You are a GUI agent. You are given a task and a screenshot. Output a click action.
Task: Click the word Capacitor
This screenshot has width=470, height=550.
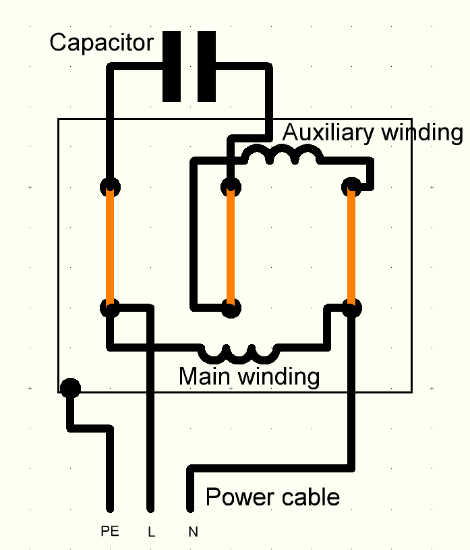pyautogui.click(x=101, y=43)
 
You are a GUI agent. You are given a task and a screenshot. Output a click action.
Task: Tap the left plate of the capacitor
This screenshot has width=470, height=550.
pyautogui.click(x=172, y=66)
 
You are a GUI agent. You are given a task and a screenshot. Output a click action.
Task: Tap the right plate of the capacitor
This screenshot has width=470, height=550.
pyautogui.click(x=206, y=66)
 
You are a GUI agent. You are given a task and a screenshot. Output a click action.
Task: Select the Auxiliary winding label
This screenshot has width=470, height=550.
pyautogui.click(x=372, y=132)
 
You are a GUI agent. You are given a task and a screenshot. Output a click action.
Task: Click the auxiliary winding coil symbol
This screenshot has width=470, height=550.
pyautogui.click(x=282, y=157)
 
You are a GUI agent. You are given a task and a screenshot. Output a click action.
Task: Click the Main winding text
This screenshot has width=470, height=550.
pyautogui.click(x=249, y=376)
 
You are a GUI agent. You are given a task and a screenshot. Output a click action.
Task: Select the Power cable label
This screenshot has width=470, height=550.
pyautogui.click(x=272, y=497)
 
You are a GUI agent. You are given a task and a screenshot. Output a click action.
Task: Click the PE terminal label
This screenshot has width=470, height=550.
pyautogui.click(x=109, y=532)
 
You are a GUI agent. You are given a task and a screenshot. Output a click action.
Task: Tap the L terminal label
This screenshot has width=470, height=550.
pyautogui.click(x=151, y=532)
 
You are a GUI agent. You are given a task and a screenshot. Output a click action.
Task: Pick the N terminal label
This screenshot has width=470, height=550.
pyautogui.click(x=193, y=532)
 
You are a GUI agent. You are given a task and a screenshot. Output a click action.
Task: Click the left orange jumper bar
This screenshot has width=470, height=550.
pyautogui.click(x=110, y=247)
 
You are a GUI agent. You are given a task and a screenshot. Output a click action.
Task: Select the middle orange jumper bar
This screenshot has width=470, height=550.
pyautogui.click(x=231, y=247)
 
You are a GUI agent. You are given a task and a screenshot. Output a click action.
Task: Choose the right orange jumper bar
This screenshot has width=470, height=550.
pyautogui.click(x=351, y=247)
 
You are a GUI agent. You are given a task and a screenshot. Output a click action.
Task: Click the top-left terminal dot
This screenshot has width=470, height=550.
pyautogui.click(x=110, y=186)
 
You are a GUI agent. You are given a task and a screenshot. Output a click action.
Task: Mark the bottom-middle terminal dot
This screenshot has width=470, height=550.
pyautogui.click(x=231, y=308)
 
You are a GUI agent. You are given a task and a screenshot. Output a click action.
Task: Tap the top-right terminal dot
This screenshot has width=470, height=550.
pyautogui.click(x=351, y=186)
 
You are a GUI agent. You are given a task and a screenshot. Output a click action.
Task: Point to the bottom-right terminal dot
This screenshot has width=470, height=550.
pyautogui.click(x=351, y=308)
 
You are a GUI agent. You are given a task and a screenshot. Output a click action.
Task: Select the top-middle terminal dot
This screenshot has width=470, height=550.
pyautogui.click(x=231, y=186)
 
